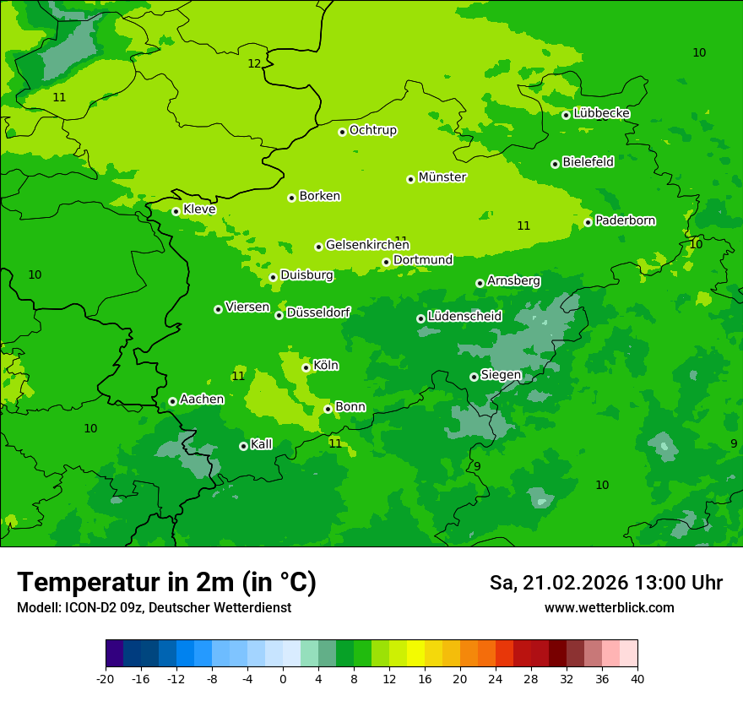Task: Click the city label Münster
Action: click(x=442, y=177)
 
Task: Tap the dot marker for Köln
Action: click(x=306, y=367)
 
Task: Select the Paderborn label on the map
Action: click(x=625, y=220)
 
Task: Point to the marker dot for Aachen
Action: click(x=172, y=401)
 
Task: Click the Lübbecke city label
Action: click(x=601, y=113)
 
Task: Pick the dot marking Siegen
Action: click(x=474, y=377)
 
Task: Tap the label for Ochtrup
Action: click(x=372, y=130)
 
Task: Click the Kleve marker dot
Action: click(x=176, y=211)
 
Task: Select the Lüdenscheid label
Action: click(x=464, y=317)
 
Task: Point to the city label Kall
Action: click(x=261, y=444)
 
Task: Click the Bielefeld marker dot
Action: click(x=555, y=164)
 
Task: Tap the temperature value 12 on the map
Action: click(x=254, y=63)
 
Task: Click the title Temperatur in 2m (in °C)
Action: click(x=166, y=582)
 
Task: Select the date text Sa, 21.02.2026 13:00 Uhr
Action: click(x=605, y=583)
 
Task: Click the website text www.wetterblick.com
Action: click(x=609, y=607)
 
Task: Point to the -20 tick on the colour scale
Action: click(x=106, y=678)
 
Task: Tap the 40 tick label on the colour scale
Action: click(x=637, y=678)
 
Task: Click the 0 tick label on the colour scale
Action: click(x=283, y=678)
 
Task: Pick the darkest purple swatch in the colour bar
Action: click(x=114, y=654)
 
